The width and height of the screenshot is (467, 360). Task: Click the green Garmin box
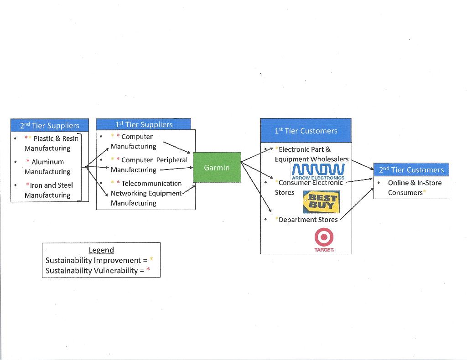tap(217, 167)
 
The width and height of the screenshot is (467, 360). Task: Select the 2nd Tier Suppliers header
tap(50, 125)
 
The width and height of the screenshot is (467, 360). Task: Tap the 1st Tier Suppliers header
tap(143, 124)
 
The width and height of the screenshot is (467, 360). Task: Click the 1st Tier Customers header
tap(306, 131)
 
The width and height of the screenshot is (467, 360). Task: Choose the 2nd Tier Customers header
tap(411, 170)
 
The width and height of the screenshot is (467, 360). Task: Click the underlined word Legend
tap(101, 250)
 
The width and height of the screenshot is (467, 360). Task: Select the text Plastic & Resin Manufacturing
tap(51, 143)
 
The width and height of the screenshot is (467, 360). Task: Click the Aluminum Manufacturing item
tap(47, 167)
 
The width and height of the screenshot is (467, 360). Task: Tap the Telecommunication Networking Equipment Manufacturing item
tap(146, 193)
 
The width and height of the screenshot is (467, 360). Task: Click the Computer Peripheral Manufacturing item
tap(149, 165)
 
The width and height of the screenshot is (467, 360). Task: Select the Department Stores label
tap(308, 220)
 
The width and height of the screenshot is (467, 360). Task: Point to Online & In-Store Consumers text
tap(415, 187)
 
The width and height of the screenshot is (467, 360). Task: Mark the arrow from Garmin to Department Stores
tap(256, 187)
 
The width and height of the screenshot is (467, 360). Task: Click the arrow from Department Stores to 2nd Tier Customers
tap(357, 203)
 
